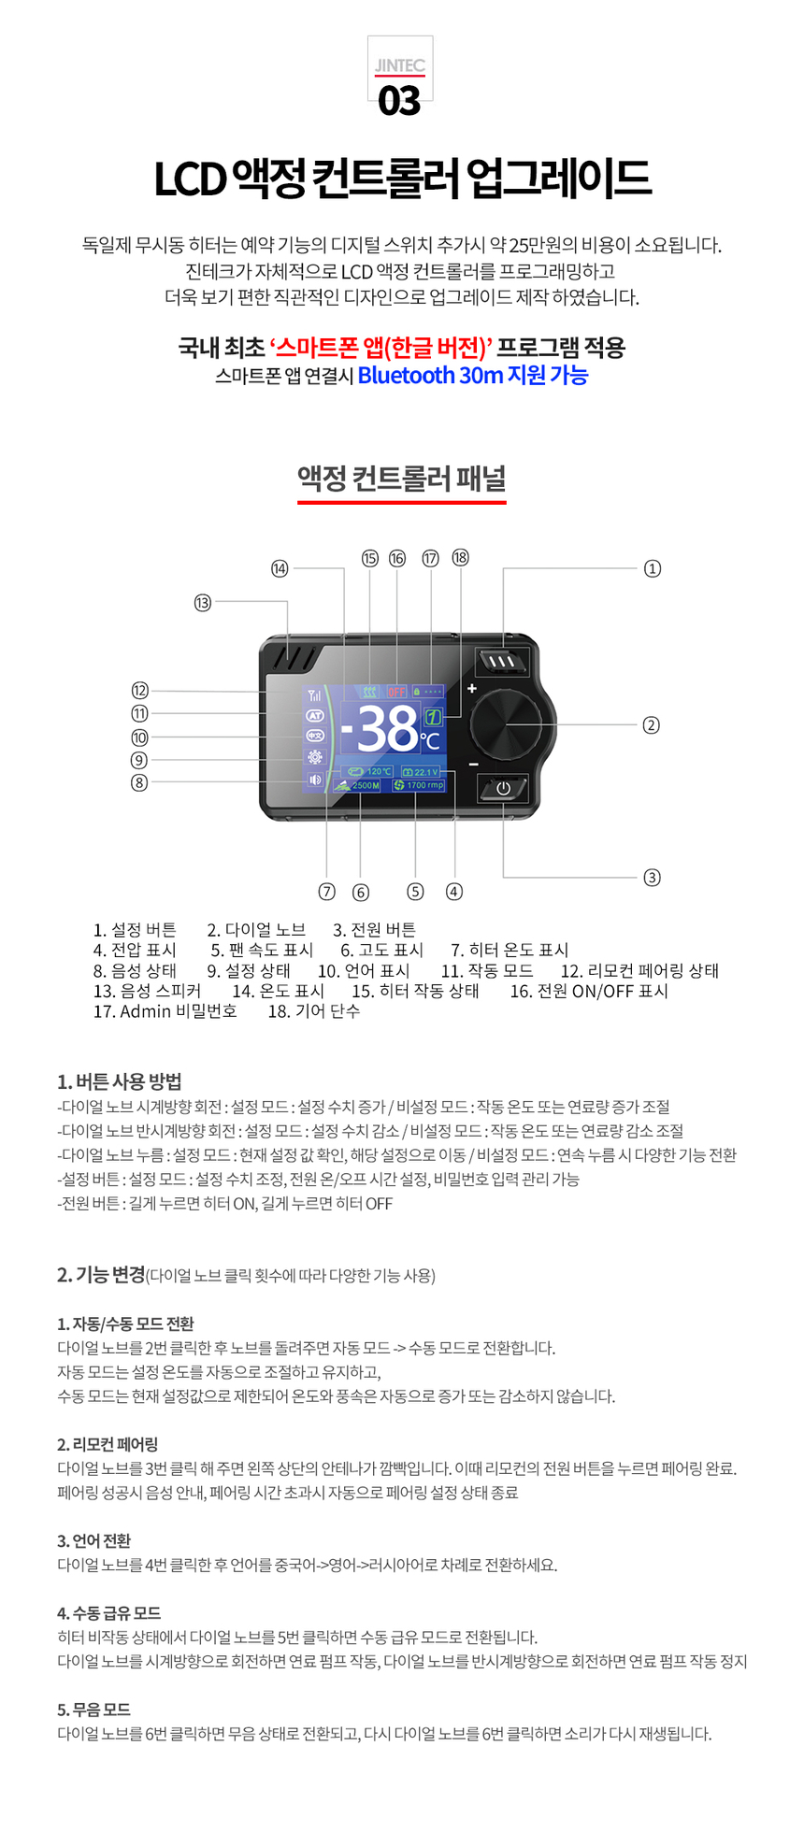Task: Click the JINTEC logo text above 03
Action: [x=400, y=66]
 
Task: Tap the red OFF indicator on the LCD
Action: [x=396, y=692]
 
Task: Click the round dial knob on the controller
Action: [x=505, y=724]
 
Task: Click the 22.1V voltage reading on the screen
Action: [x=422, y=772]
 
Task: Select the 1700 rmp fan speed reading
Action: [x=419, y=785]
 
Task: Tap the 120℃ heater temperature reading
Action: [x=371, y=772]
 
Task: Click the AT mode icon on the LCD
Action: [x=315, y=715]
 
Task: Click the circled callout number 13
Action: [x=203, y=603]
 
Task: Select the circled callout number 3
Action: [x=653, y=877]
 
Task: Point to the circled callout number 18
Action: [x=460, y=558]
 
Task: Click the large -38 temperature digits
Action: [x=379, y=729]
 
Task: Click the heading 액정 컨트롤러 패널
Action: [x=402, y=479]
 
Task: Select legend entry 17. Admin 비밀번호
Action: [x=165, y=1011]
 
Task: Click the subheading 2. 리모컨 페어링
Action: [x=108, y=1444]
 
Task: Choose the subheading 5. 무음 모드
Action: [x=93, y=1710]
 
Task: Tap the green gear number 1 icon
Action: [x=433, y=718]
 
